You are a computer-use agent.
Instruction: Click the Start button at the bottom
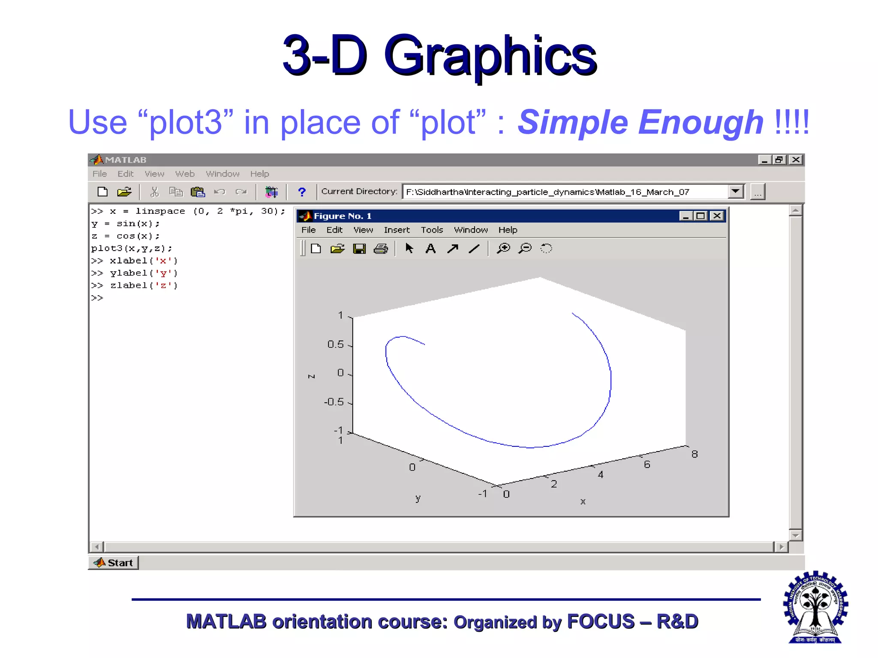pyautogui.click(x=114, y=562)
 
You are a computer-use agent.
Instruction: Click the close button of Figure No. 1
pyautogui.click(x=717, y=216)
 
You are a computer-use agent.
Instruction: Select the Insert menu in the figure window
pyautogui.click(x=397, y=230)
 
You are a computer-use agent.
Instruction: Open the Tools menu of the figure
pyautogui.click(x=432, y=230)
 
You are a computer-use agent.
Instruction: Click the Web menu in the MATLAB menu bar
pyautogui.click(x=185, y=174)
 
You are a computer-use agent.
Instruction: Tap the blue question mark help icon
pyautogui.click(x=302, y=192)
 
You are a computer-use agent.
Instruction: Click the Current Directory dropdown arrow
pyautogui.click(x=736, y=191)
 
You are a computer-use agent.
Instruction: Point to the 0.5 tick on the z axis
pyautogui.click(x=336, y=344)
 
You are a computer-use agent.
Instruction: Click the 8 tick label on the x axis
pyautogui.click(x=695, y=454)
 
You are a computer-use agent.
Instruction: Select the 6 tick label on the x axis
pyautogui.click(x=647, y=464)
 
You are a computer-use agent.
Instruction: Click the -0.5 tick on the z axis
pyautogui.click(x=334, y=402)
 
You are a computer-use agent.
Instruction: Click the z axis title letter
pyautogui.click(x=312, y=376)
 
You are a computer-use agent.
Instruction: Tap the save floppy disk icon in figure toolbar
pyautogui.click(x=359, y=248)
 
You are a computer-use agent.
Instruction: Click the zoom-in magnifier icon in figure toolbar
pyautogui.click(x=503, y=248)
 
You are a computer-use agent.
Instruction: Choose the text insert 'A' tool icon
pyautogui.click(x=430, y=248)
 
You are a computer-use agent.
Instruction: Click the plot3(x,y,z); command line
pyautogui.click(x=131, y=248)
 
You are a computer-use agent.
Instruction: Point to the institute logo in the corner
pyautogui.click(x=815, y=607)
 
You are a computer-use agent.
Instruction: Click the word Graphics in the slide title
pyautogui.click(x=490, y=56)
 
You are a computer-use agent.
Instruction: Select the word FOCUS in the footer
pyautogui.click(x=601, y=622)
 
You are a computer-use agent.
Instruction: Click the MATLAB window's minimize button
pyautogui.click(x=764, y=160)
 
